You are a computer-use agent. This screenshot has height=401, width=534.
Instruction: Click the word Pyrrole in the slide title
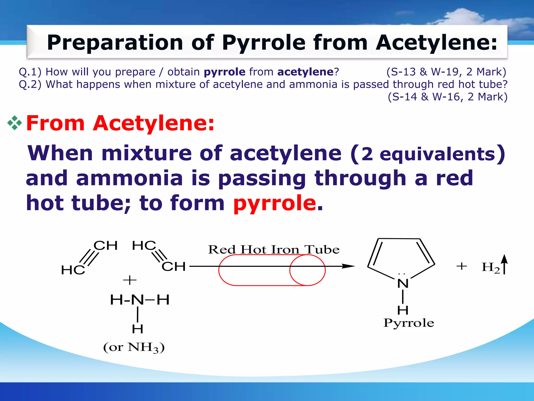tap(263, 43)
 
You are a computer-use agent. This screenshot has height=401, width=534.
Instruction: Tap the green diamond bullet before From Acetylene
tap(14, 123)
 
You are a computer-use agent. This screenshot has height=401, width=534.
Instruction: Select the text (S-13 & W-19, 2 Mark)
tap(446, 72)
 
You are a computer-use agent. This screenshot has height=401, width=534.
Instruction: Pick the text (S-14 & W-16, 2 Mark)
tap(447, 97)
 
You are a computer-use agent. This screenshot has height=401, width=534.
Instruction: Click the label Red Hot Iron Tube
tap(274, 250)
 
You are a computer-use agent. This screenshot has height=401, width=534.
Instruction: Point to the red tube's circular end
tap(307, 270)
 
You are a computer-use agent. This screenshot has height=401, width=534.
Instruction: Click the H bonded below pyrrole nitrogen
tap(403, 310)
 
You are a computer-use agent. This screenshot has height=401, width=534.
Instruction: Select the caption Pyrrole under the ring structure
tap(409, 323)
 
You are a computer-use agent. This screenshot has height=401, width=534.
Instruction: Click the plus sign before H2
tap(462, 266)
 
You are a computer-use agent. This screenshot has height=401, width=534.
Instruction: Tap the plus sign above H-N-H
tap(130, 280)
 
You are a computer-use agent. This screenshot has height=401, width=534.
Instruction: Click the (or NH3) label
tap(134, 347)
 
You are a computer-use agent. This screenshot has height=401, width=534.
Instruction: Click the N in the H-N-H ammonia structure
tap(137, 300)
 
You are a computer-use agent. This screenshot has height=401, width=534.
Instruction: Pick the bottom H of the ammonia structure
tap(137, 329)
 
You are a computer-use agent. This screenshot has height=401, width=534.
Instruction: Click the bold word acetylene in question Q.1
tap(305, 72)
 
